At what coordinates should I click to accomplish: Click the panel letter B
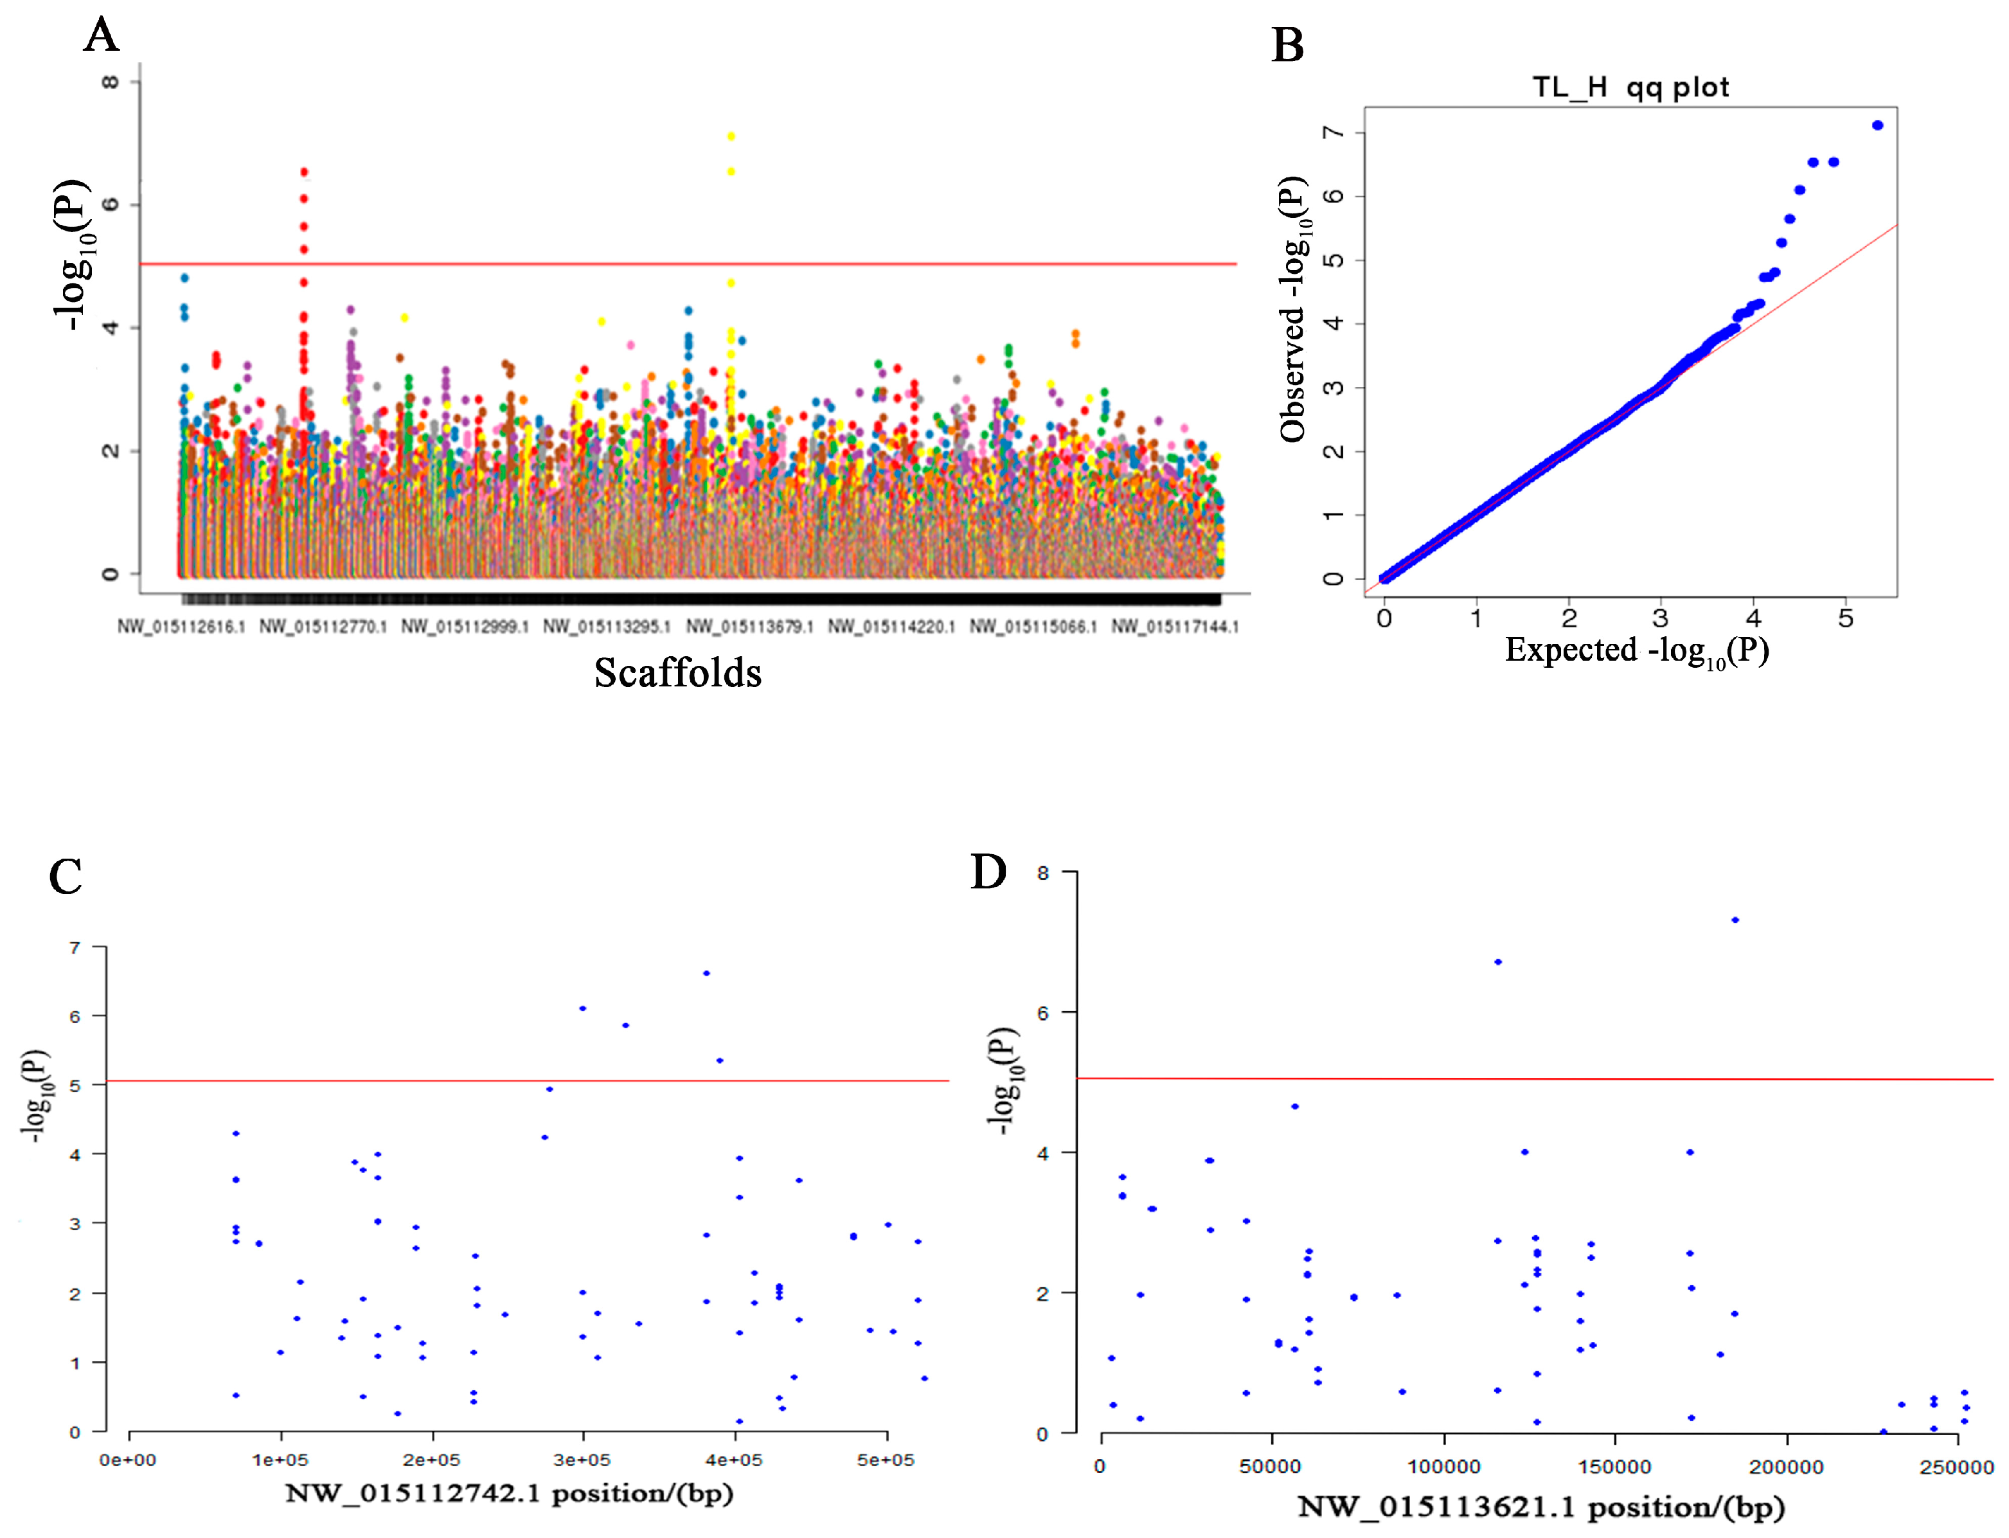pyautogui.click(x=1287, y=45)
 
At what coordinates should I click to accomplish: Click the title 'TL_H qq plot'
pyautogui.click(x=1630, y=87)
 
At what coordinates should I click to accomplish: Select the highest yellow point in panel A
pyautogui.click(x=730, y=136)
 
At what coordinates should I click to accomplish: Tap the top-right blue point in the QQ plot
pyautogui.click(x=1877, y=125)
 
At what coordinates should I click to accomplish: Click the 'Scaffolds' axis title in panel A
pyautogui.click(x=677, y=673)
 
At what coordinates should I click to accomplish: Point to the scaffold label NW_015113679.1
pyautogui.click(x=749, y=626)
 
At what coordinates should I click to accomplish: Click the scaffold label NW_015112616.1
pyautogui.click(x=181, y=626)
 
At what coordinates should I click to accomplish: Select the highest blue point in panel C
pyautogui.click(x=706, y=973)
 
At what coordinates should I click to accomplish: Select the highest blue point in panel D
pyautogui.click(x=1735, y=920)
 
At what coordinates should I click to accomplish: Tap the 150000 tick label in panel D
pyautogui.click(x=1614, y=1467)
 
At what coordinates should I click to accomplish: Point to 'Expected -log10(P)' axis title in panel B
pyautogui.click(x=1636, y=650)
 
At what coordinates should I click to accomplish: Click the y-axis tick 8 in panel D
pyautogui.click(x=1042, y=873)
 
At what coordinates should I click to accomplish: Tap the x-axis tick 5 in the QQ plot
pyautogui.click(x=1845, y=619)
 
